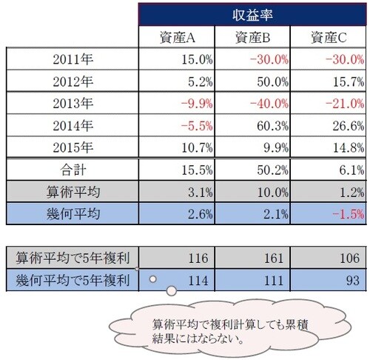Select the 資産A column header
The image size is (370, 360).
click(176, 37)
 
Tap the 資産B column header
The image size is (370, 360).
click(251, 37)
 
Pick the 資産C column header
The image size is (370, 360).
click(326, 37)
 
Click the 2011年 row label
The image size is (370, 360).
click(72, 58)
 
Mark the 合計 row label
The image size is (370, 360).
click(72, 170)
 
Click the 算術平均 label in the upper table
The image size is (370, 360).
click(72, 192)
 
